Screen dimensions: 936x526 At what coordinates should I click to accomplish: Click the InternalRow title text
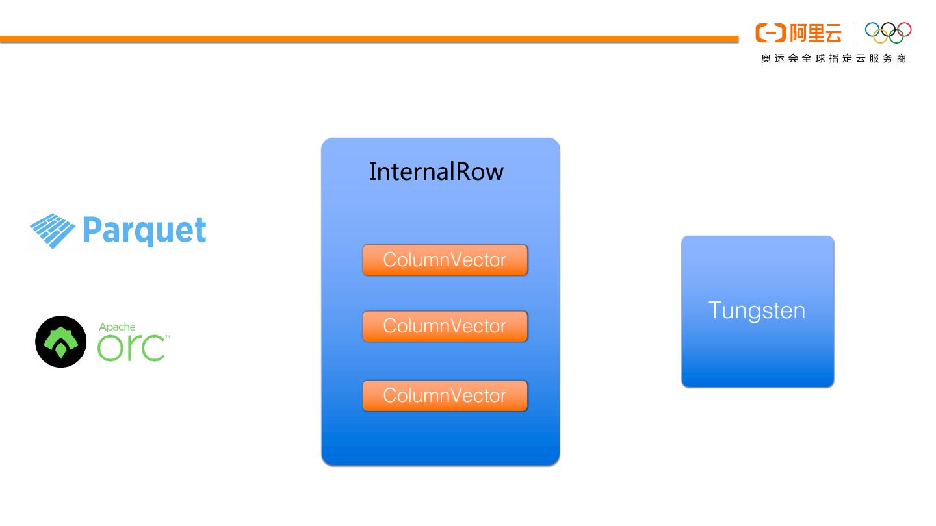click(436, 171)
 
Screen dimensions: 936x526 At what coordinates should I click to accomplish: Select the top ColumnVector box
click(445, 260)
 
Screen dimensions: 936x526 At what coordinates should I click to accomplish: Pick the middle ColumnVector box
click(445, 326)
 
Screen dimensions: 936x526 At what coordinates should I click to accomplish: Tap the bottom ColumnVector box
click(445, 395)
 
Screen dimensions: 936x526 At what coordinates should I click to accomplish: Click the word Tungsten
click(757, 311)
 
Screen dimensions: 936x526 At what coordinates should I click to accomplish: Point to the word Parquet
click(144, 231)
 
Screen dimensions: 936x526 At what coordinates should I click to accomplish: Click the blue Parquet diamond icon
click(53, 231)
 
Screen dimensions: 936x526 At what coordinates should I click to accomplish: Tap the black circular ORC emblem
click(61, 342)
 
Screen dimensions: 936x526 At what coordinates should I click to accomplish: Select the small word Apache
click(117, 327)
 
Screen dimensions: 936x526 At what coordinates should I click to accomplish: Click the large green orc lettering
click(131, 347)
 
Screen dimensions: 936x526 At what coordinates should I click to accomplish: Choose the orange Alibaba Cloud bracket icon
click(770, 33)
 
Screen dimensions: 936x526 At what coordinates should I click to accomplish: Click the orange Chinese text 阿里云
click(815, 33)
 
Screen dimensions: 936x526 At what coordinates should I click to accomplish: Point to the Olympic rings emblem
click(889, 32)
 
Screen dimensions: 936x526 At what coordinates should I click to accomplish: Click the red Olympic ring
click(904, 29)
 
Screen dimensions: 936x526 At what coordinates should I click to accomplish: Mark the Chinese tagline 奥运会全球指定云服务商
click(833, 58)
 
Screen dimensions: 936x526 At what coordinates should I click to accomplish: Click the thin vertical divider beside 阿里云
click(853, 32)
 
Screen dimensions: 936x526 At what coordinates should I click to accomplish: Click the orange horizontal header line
click(369, 39)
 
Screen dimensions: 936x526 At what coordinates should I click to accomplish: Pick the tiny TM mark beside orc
click(168, 336)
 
